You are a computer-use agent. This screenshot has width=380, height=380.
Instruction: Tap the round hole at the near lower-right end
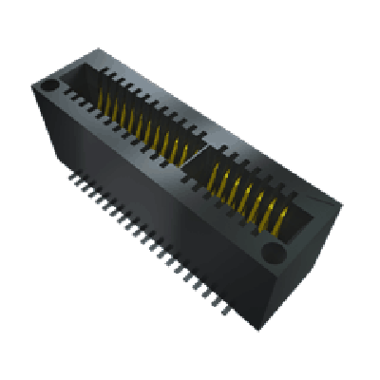pyautogui.click(x=274, y=254)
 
